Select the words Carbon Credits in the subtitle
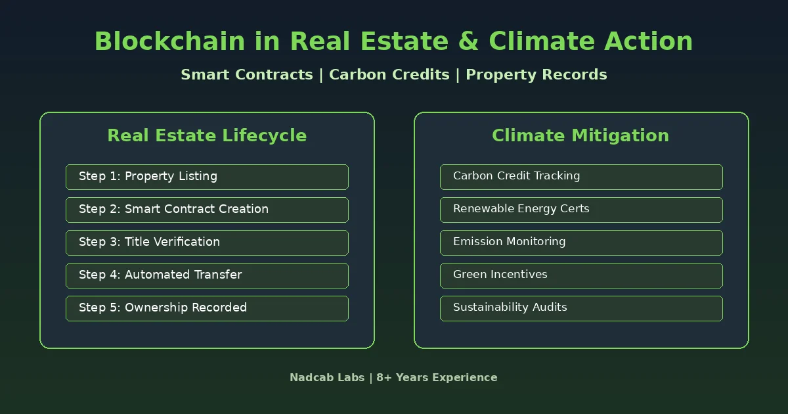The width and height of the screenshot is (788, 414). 389,75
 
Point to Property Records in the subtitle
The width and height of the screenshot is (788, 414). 536,75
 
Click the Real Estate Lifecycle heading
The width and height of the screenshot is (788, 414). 207,135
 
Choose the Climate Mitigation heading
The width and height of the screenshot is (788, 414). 580,135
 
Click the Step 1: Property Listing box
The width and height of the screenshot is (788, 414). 207,177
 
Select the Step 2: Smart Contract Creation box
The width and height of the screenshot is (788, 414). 207,210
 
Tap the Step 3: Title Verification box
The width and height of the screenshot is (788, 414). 207,242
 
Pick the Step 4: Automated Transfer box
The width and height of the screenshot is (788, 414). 207,275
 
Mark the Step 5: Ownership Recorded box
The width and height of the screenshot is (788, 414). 207,308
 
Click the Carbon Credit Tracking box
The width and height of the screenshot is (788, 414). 581,177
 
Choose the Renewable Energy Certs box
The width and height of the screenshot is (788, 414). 581,210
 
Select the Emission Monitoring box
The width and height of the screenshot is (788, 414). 581,242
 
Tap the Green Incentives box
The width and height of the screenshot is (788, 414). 581,275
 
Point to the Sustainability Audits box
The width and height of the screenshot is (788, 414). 581,308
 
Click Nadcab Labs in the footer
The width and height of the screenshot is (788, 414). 326,378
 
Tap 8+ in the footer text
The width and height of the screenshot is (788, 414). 385,378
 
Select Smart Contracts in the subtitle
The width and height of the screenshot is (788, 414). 246,75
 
